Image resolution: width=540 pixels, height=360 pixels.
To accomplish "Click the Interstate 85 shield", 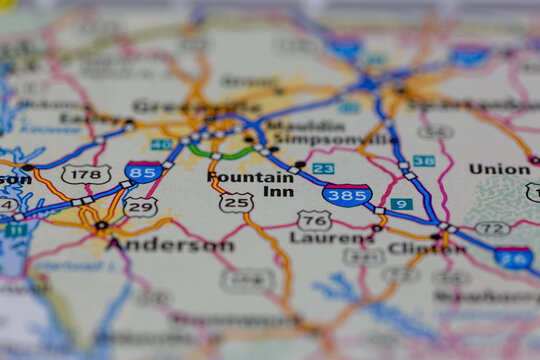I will [x=144, y=173].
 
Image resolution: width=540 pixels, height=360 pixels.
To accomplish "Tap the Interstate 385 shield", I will [x=347, y=194].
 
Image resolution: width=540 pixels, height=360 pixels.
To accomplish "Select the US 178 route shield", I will [x=86, y=174].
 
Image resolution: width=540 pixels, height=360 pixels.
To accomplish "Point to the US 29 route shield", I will [x=140, y=207].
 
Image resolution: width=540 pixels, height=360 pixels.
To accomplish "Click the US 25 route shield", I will [x=236, y=203].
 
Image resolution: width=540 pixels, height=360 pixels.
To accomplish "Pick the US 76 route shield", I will [x=314, y=220].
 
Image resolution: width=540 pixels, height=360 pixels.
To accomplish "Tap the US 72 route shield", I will [x=492, y=228].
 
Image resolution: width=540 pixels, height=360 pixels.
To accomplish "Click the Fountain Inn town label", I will [x=252, y=184].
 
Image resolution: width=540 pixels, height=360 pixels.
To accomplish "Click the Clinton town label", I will [x=426, y=248].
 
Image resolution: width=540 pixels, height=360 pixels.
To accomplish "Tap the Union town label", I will [x=499, y=169].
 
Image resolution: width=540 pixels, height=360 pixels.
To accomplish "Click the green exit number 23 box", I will [x=323, y=169].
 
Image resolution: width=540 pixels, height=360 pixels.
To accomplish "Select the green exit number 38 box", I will [x=424, y=161].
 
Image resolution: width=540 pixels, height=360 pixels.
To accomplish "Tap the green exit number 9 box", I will [x=401, y=204].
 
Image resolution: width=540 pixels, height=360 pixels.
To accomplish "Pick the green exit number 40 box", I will [x=161, y=144].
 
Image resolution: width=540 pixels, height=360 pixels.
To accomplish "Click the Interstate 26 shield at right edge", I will [x=513, y=258].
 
